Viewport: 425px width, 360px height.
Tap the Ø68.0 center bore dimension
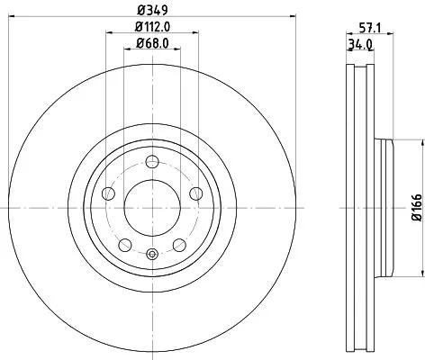[x=151, y=42]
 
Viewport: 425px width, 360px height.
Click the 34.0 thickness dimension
[x=357, y=43]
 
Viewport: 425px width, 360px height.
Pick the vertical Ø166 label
[x=417, y=209]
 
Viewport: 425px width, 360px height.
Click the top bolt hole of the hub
[x=152, y=162]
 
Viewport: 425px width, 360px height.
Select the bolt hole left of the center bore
[x=109, y=193]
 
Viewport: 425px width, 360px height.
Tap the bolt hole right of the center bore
[x=194, y=193]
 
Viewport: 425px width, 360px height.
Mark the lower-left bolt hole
[x=125, y=244]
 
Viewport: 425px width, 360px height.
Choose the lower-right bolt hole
[x=178, y=244]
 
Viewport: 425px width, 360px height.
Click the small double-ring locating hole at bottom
[x=152, y=254]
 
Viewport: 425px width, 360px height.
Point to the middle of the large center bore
[x=151, y=207]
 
